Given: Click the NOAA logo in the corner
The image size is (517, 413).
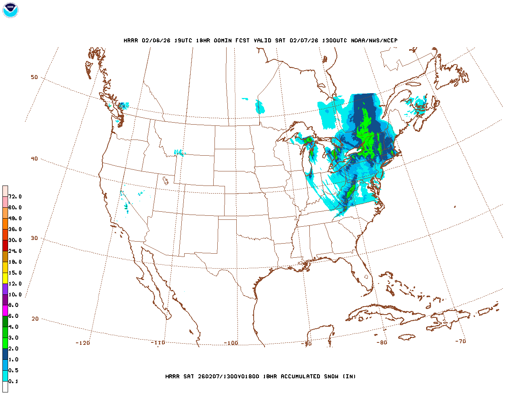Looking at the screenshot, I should click(10, 10).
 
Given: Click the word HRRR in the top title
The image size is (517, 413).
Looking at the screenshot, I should click(131, 40).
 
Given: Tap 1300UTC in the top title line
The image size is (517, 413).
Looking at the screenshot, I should click(334, 40).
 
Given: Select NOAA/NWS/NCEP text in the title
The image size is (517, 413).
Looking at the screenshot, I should click(374, 40).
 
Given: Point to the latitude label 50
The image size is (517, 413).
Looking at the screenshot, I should click(34, 77).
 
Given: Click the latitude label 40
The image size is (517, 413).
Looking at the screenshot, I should click(34, 159).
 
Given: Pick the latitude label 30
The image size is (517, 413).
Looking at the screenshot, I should click(34, 238).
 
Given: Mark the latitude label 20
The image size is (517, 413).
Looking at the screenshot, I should click(35, 319).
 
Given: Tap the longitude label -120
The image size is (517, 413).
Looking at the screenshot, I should click(83, 343).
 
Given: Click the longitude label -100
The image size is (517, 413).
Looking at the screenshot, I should click(231, 343).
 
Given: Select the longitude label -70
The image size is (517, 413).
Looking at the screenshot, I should click(460, 341).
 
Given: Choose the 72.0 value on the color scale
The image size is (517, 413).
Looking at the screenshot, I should click(15, 196).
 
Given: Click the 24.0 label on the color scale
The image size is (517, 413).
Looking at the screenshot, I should click(15, 251).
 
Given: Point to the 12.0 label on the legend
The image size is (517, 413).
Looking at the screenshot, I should click(15, 284).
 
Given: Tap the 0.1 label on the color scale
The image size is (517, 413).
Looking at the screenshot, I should click(13, 381).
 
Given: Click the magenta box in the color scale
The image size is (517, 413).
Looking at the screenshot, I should click(5, 311).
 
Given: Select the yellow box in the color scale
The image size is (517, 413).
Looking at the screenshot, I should click(5, 278).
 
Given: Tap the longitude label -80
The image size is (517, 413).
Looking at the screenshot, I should click(382, 342).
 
